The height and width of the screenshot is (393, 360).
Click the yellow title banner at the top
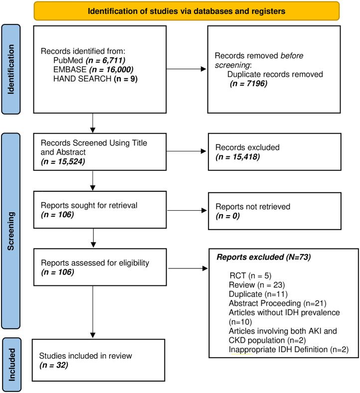[186, 11]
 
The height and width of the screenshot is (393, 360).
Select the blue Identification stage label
[11, 69]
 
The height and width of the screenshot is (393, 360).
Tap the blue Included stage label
[11, 365]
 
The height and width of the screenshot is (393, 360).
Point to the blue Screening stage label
[11, 231]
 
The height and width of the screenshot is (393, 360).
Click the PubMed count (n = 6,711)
[105, 60]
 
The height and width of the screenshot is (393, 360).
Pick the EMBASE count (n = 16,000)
[111, 70]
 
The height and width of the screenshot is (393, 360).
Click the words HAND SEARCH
[82, 79]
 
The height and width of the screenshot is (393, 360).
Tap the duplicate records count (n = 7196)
[249, 84]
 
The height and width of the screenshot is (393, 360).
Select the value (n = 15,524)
[63, 161]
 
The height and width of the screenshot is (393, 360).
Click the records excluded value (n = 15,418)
[237, 157]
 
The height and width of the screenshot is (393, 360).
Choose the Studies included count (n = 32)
[54, 365]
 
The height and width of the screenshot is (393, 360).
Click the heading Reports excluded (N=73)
[264, 257]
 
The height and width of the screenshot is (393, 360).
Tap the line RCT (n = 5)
[250, 276]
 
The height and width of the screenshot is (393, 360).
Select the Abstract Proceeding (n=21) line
[277, 303]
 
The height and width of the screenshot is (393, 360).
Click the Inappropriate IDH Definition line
[289, 349]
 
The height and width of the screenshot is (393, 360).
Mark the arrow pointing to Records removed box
[186, 69]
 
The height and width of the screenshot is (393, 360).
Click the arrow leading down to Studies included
[93, 312]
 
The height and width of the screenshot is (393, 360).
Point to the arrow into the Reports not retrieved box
[187, 211]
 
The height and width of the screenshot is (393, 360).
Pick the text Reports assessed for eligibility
[95, 262]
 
